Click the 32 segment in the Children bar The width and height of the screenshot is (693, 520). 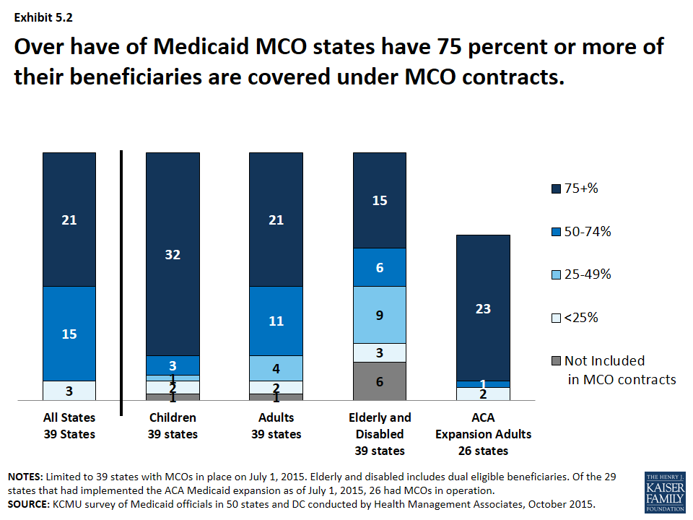[173, 254]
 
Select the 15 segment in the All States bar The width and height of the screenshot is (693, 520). [69, 334]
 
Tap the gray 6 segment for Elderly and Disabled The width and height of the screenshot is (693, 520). [380, 381]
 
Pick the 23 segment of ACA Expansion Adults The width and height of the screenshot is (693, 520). [483, 308]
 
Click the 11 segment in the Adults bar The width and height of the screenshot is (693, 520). [276, 321]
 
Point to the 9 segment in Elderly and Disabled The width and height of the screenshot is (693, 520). [380, 314]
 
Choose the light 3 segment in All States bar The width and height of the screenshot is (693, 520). [69, 391]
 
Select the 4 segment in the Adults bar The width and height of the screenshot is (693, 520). [276, 368]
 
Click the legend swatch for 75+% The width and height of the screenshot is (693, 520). [556, 189]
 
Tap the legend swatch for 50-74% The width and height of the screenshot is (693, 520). [556, 232]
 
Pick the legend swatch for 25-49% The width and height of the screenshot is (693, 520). [556, 275]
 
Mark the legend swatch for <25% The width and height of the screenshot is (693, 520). [556, 318]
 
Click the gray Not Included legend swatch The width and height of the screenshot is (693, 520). [556, 361]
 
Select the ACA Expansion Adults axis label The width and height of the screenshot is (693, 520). [483, 433]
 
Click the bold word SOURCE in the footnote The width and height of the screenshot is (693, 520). [28, 504]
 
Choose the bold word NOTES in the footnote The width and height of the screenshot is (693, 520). [25, 477]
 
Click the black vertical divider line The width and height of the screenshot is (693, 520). [121, 283]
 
